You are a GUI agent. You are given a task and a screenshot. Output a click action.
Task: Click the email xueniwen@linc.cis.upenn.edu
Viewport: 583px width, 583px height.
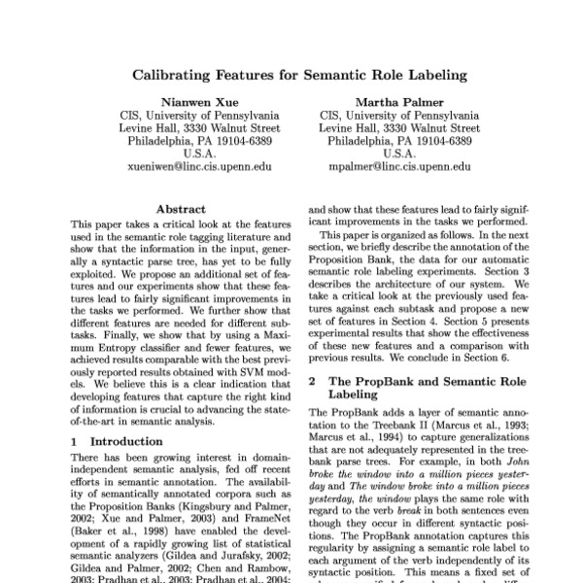point(199,166)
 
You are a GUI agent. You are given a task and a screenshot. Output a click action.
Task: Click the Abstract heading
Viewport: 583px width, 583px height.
point(181,208)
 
